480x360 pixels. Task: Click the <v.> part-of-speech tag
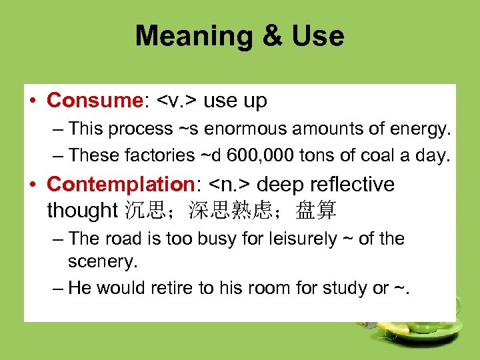177,101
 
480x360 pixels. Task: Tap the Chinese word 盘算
316,211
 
